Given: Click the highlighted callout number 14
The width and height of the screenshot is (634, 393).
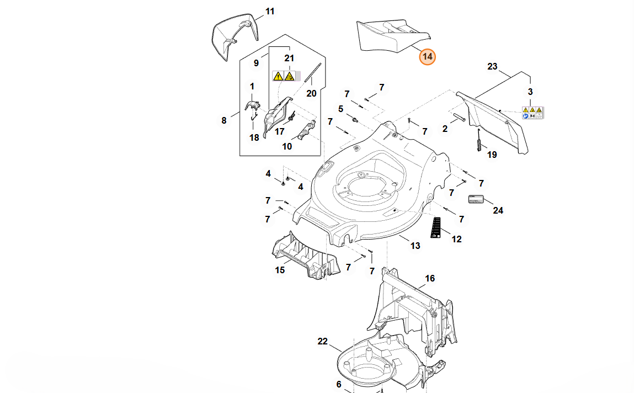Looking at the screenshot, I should point(428,56).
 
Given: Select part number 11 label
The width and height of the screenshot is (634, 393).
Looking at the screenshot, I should point(270,11).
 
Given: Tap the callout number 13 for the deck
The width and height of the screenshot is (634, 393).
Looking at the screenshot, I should point(415,246).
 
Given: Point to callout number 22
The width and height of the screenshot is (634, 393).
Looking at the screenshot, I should point(323,341).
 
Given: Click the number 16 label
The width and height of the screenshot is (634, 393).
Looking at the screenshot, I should point(430,278).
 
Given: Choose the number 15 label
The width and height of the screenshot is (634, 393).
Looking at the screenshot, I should point(280,270).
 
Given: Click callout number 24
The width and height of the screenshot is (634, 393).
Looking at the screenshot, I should point(498,210).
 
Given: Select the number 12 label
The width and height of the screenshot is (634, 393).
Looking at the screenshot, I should point(457,239).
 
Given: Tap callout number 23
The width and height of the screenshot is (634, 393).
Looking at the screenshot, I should point(492,67).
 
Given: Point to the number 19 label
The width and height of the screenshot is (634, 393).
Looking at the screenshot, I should point(492,155).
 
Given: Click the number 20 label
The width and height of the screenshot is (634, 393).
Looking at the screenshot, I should point(311,93).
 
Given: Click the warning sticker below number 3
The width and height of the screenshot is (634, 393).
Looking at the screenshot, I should point(532,113).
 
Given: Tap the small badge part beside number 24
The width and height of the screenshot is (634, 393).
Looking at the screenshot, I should point(476,199).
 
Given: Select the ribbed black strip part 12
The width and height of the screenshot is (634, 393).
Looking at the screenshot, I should point(437,227).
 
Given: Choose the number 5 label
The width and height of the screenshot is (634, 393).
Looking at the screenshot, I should point(340,109).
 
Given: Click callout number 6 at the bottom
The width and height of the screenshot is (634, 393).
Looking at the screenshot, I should point(339,384).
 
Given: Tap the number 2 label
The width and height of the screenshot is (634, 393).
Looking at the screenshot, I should point(445,129).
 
